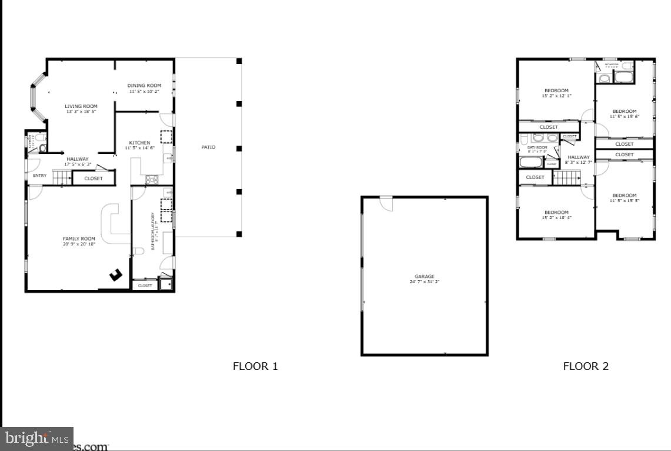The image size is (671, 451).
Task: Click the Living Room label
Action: point(81,106)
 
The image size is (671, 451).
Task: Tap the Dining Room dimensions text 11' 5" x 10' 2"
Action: point(143,92)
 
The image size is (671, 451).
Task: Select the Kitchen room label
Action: point(139,143)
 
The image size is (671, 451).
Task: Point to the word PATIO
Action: point(208,147)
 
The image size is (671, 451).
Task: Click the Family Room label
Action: point(79,239)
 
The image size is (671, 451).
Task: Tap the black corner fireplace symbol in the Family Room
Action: point(116,274)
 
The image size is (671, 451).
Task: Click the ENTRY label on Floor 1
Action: point(39,176)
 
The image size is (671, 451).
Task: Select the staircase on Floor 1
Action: point(62,177)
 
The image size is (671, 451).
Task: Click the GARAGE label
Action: point(424,277)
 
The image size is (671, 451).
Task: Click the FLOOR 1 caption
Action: point(255,366)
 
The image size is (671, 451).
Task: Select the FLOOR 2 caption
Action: point(586,366)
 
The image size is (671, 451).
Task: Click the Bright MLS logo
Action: point(36,438)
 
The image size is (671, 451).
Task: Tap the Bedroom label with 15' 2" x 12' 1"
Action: point(556,90)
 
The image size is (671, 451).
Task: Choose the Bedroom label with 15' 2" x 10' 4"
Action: point(556,213)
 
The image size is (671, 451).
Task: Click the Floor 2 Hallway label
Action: point(578,157)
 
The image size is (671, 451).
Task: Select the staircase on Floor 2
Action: point(567,177)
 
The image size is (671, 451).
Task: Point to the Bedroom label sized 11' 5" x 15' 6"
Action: point(624,112)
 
